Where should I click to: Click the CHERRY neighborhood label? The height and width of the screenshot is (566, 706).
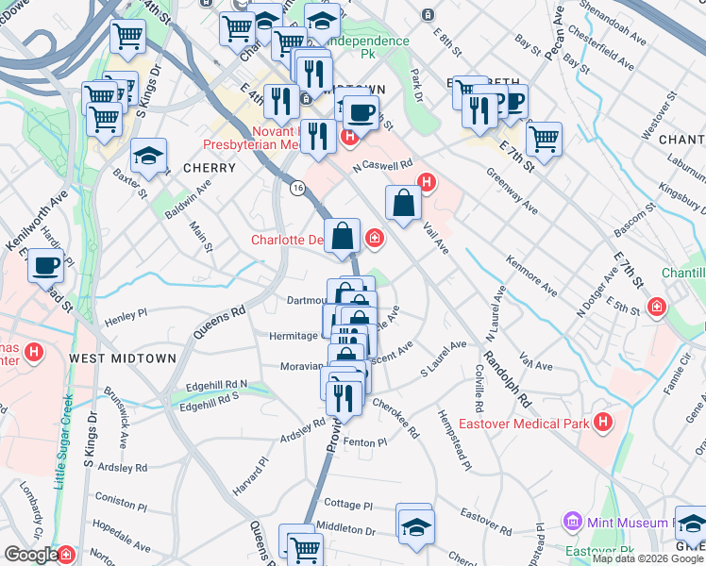pos(209,168)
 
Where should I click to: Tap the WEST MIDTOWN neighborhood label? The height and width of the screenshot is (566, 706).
pos(109,358)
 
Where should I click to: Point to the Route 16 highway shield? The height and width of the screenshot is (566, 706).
pos(297,189)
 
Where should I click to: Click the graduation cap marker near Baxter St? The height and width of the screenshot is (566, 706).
pos(149,158)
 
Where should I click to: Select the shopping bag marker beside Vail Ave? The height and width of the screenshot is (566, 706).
pos(403,204)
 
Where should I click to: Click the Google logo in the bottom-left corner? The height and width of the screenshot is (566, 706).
pos(32,556)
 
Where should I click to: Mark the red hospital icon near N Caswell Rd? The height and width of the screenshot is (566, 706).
pos(428,181)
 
